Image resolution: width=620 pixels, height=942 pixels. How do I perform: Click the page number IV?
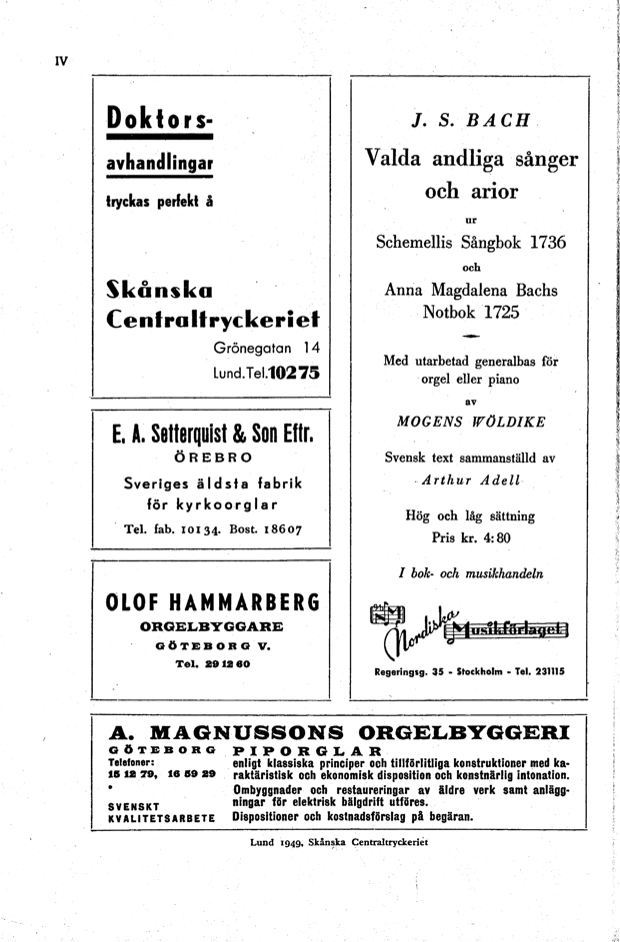point(60,60)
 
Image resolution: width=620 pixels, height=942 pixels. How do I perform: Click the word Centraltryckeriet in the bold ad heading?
point(212,319)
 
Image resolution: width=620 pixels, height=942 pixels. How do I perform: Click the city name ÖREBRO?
point(210,462)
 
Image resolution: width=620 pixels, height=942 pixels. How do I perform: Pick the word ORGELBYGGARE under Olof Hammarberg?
point(211,627)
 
